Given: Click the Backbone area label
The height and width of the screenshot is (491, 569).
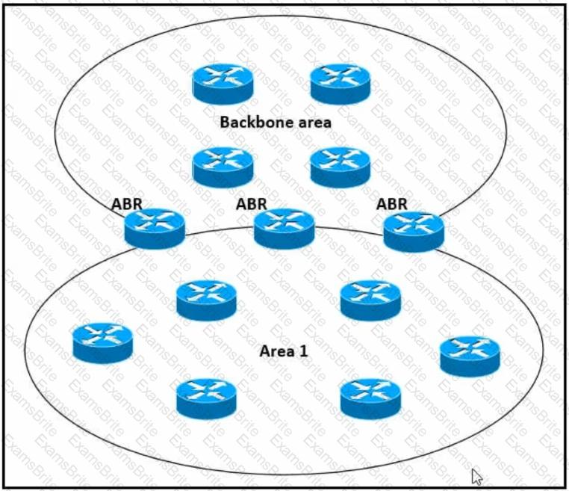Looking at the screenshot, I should pyautogui.click(x=276, y=121).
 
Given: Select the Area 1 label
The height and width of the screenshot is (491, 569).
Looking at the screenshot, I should pyautogui.click(x=284, y=351).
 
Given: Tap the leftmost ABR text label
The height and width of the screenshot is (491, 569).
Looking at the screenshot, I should pyautogui.click(x=127, y=203).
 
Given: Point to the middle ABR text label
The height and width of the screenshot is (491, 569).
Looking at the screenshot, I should pyautogui.click(x=252, y=203).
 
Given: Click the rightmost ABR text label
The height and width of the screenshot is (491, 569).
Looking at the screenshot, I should pyautogui.click(x=392, y=203).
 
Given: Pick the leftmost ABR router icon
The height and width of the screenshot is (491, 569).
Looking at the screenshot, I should pyautogui.click(x=155, y=228).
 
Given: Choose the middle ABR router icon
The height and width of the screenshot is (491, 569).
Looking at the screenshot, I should pyautogui.click(x=284, y=228).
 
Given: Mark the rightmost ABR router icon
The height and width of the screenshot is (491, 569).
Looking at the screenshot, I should pyautogui.click(x=414, y=231).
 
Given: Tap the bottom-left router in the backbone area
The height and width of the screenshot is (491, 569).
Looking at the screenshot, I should pyautogui.click(x=223, y=166).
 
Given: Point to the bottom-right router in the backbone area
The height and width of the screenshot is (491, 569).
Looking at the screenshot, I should pyautogui.click(x=341, y=166).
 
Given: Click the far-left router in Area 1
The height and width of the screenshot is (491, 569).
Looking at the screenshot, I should pyautogui.click(x=103, y=342).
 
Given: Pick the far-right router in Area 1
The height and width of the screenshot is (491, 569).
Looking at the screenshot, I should pyautogui.click(x=470, y=356).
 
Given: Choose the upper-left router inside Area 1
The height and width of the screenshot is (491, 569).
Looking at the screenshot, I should pyautogui.click(x=207, y=300).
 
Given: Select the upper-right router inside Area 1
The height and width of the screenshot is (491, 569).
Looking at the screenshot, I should pyautogui.click(x=370, y=300).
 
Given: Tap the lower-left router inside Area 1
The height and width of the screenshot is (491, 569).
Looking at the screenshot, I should pyautogui.click(x=207, y=398).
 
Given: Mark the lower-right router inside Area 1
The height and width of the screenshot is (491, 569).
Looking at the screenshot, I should pyautogui.click(x=370, y=398).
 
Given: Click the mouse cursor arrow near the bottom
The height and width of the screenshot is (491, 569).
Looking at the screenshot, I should pyautogui.click(x=476, y=475).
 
